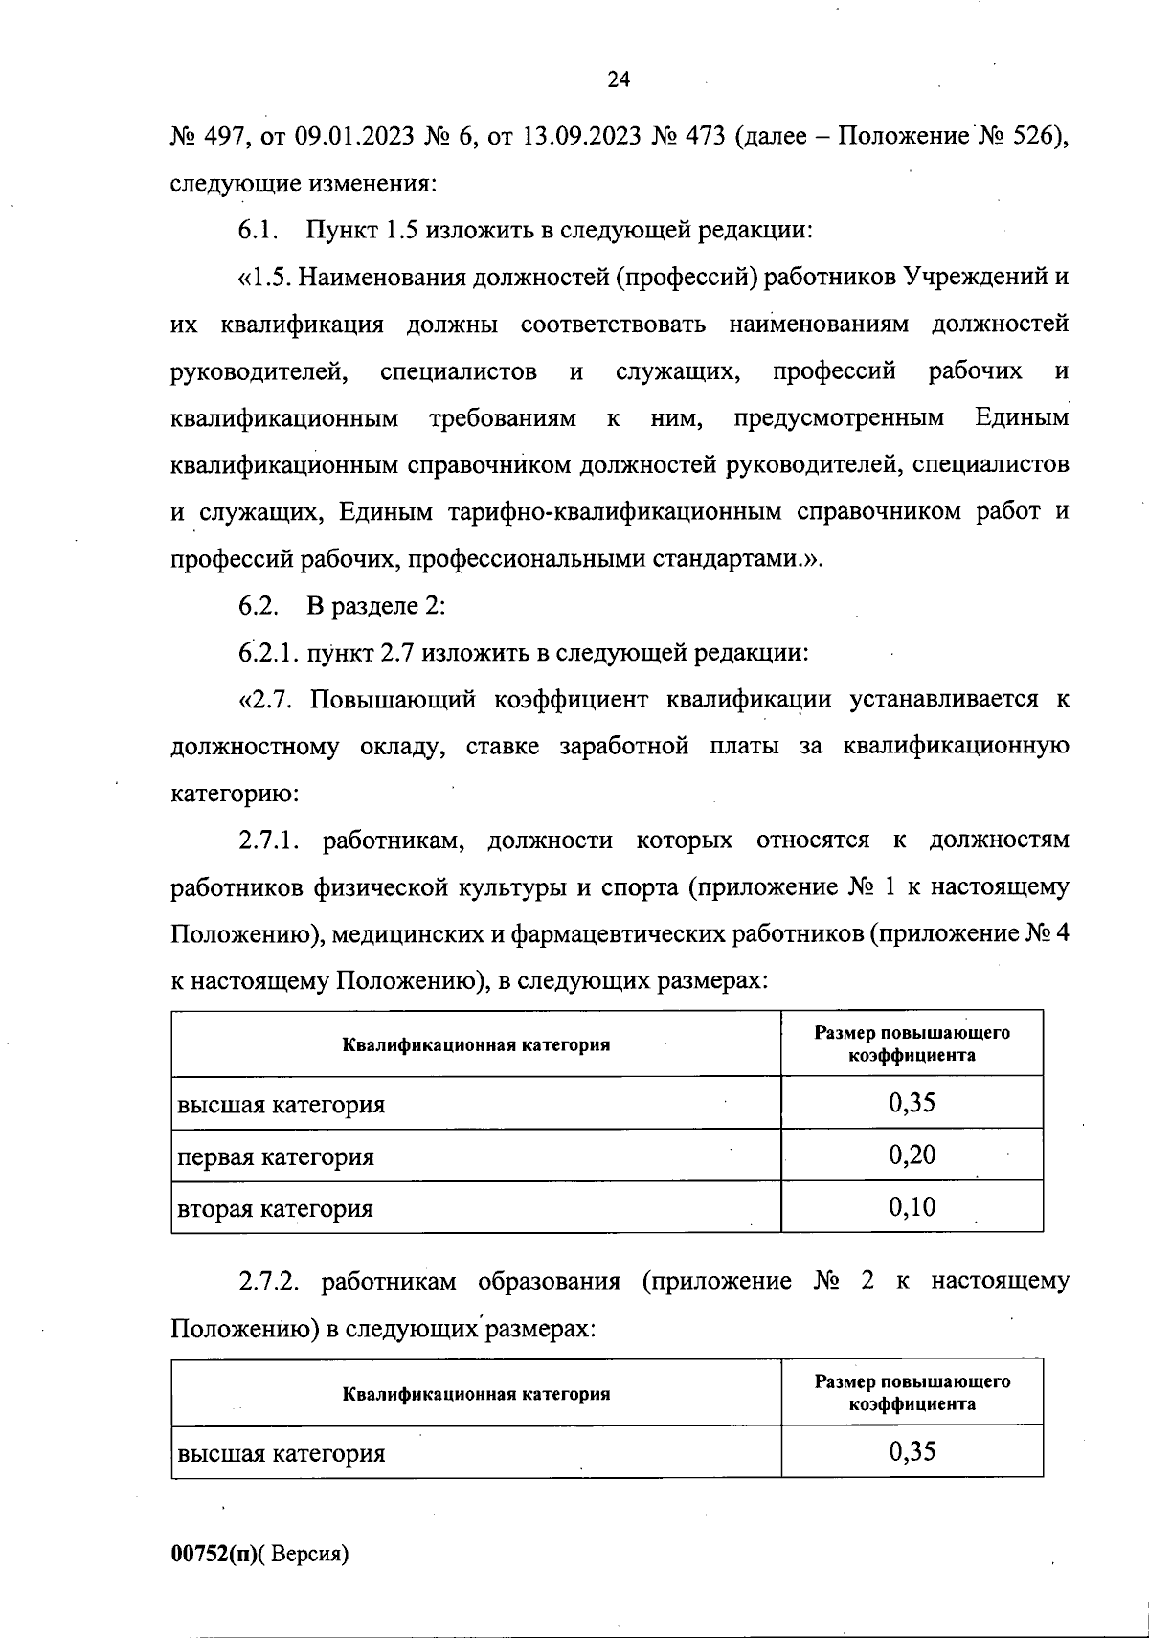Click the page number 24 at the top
coord(618,80)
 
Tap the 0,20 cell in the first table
coord(912,1155)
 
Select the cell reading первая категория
coord(276,1156)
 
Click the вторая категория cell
coord(275,1208)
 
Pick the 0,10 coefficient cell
coord(912,1206)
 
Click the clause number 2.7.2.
coord(270,1282)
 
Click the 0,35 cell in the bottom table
coord(912,1451)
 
